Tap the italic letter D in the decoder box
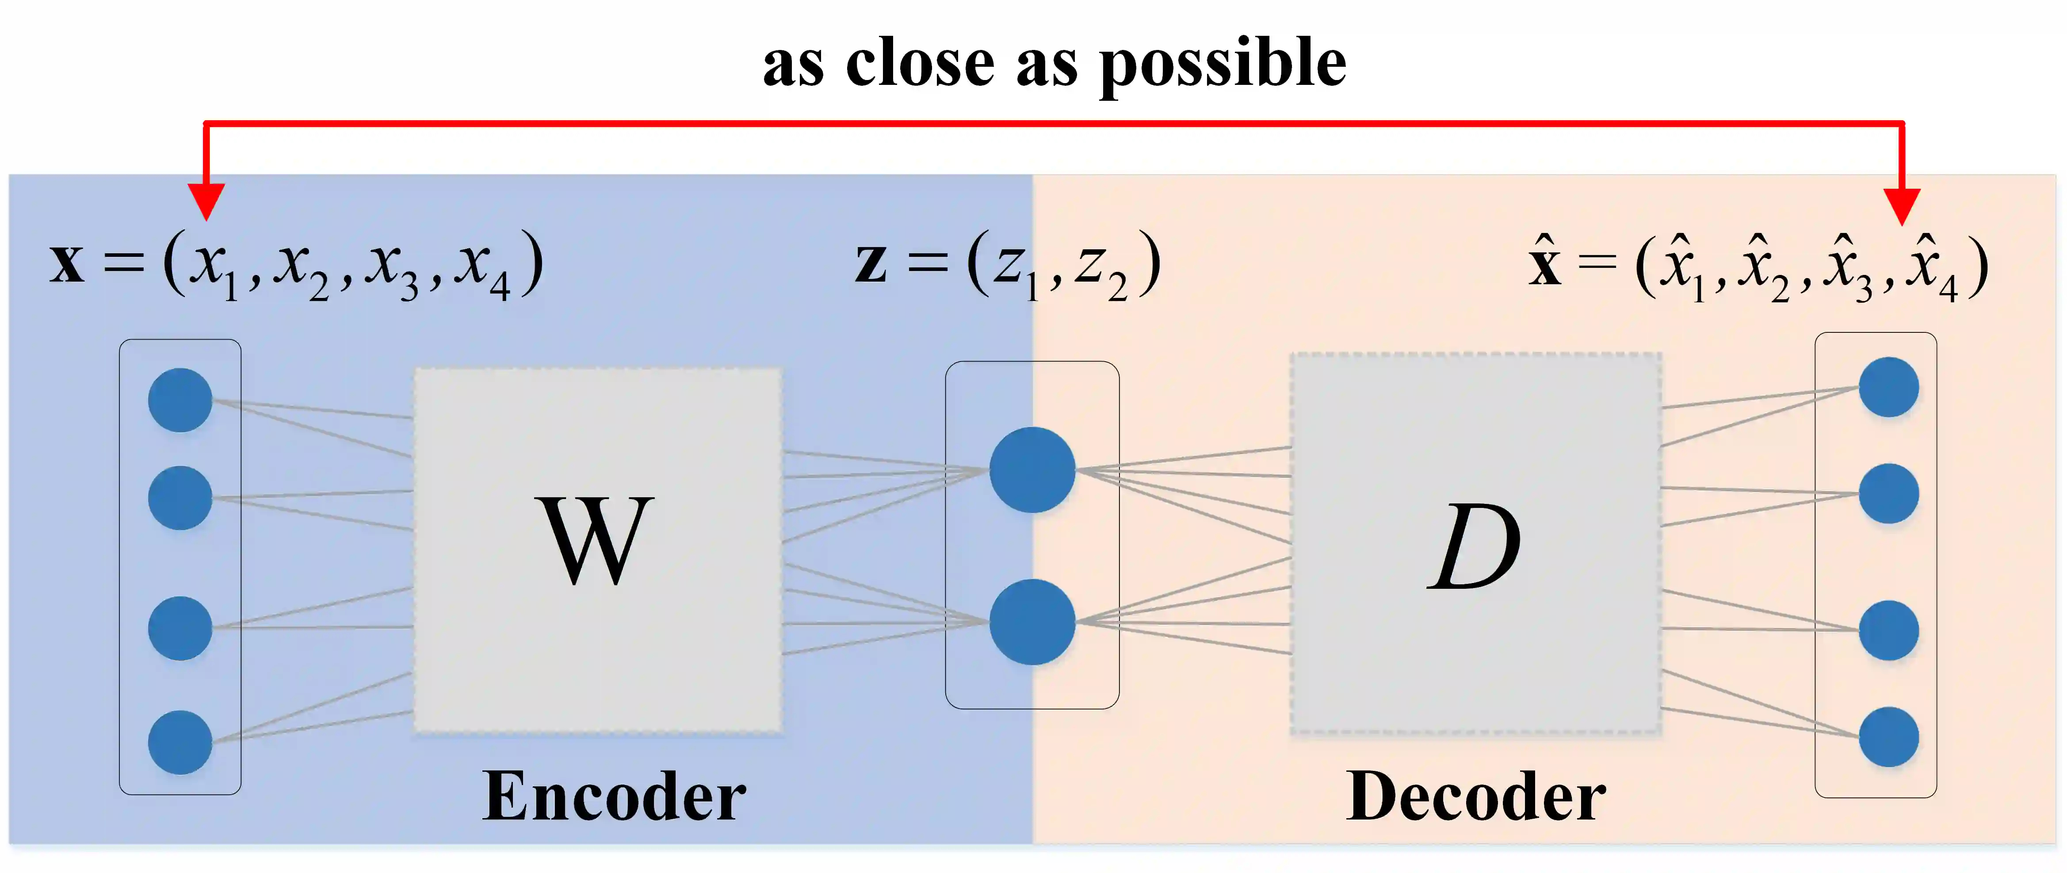click(1475, 547)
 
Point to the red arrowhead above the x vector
click(206, 201)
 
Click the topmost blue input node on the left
click(180, 400)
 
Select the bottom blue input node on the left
click(180, 742)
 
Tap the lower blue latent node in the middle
click(1032, 622)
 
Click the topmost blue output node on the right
click(1889, 387)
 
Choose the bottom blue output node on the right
click(1889, 736)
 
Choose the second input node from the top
click(180, 497)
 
